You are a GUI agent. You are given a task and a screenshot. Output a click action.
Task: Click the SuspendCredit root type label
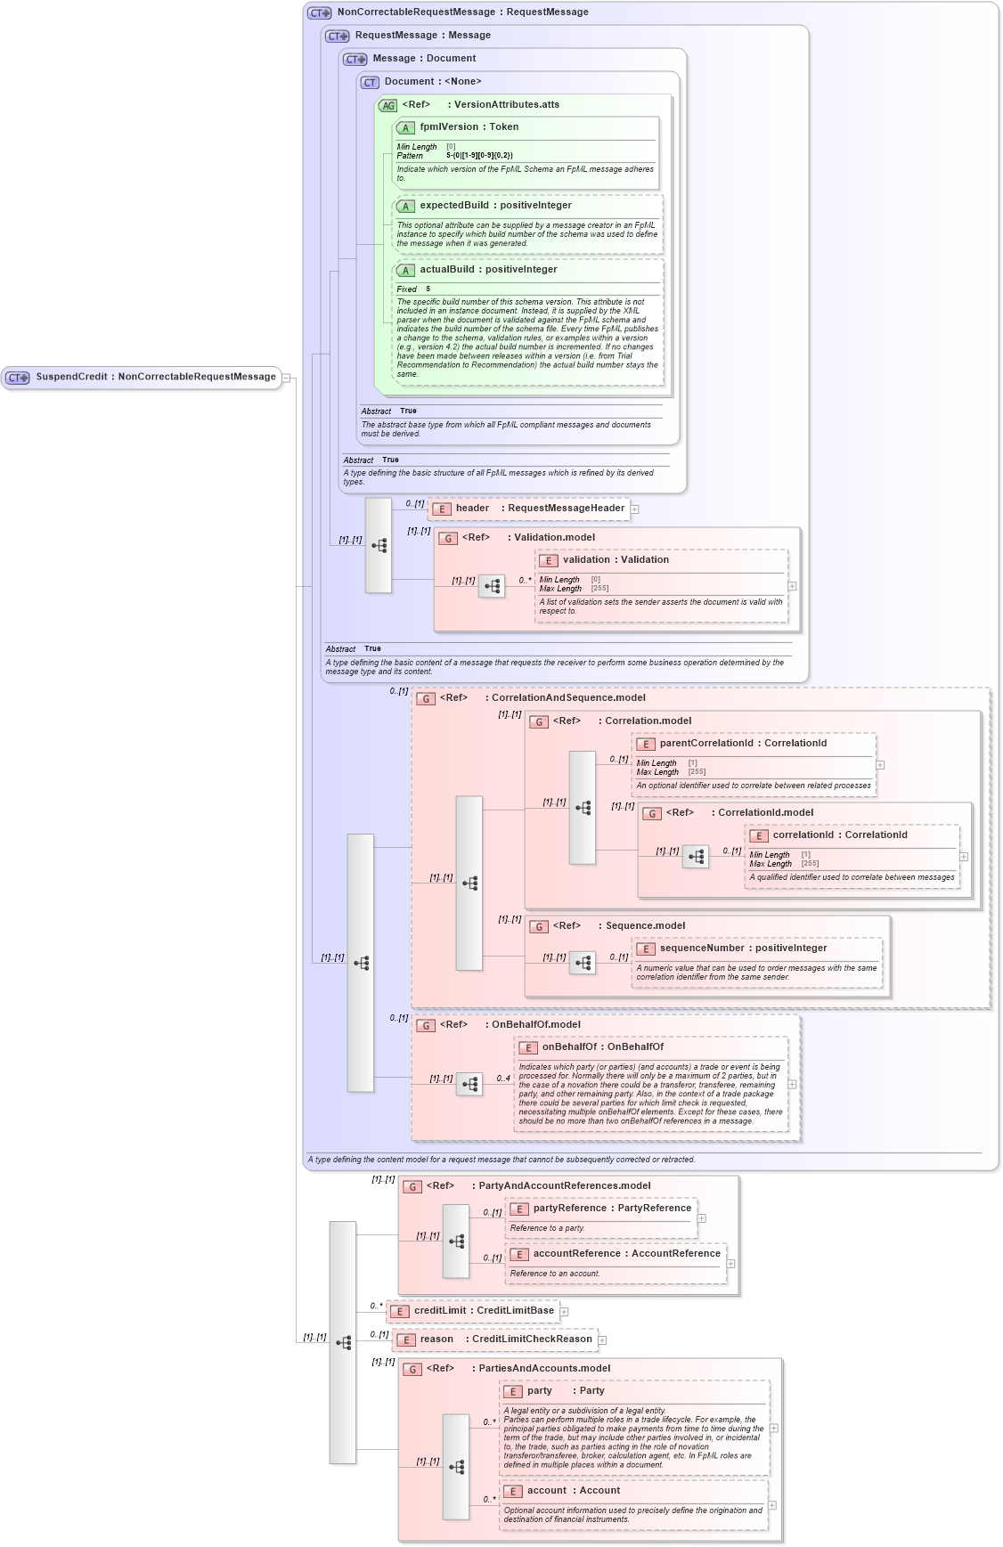point(155,377)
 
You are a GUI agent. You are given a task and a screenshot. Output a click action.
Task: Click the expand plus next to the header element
point(635,509)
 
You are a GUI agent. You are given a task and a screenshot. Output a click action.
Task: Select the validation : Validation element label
point(615,560)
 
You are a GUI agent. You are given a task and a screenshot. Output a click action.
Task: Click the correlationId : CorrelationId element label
point(839,835)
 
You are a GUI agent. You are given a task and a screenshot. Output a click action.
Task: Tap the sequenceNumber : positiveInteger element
point(742,949)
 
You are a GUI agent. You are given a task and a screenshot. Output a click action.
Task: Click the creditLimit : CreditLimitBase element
point(483,1311)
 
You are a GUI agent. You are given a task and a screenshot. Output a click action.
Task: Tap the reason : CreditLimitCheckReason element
point(505,1339)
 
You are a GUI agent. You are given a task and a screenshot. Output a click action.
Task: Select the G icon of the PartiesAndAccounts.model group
point(412,1370)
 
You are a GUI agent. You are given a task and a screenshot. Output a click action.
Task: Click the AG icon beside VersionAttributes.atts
point(387,106)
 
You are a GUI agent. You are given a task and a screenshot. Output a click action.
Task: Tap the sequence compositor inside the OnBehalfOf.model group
point(469,1084)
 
